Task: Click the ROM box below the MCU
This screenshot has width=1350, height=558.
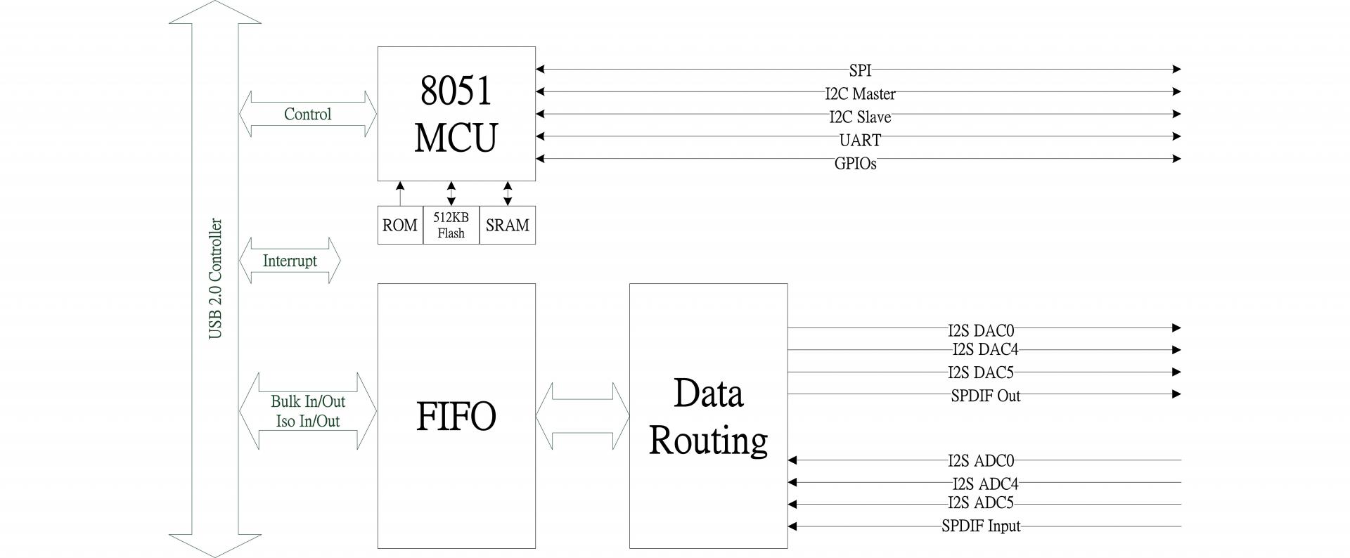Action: pyautogui.click(x=400, y=225)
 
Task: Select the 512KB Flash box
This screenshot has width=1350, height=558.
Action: pyautogui.click(x=451, y=225)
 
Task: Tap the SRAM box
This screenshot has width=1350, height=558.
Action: pyautogui.click(x=507, y=225)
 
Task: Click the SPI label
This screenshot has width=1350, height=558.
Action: pyautogui.click(x=859, y=70)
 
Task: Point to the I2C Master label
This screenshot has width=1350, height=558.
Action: pyautogui.click(x=860, y=93)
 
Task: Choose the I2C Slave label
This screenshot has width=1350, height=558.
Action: pyautogui.click(x=860, y=117)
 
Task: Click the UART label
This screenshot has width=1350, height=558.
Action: pyautogui.click(x=860, y=140)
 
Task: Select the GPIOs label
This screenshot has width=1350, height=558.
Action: pyautogui.click(x=855, y=164)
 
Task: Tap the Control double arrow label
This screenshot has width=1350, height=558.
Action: pyautogui.click(x=307, y=114)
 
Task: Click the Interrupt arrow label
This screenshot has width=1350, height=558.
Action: pyautogui.click(x=290, y=261)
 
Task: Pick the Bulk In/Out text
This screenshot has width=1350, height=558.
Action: pyautogui.click(x=308, y=401)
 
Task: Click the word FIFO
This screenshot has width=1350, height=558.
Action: pyautogui.click(x=456, y=416)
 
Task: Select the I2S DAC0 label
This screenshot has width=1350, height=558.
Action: pyautogui.click(x=981, y=329)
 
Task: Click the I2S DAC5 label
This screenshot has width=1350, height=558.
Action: pyautogui.click(x=981, y=372)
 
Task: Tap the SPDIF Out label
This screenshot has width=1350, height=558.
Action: pyautogui.click(x=985, y=396)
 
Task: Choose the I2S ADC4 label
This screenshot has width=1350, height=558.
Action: pyautogui.click(x=985, y=484)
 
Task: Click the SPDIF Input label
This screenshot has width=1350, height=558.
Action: pyautogui.click(x=981, y=526)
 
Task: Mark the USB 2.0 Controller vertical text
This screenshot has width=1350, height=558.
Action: pyautogui.click(x=216, y=279)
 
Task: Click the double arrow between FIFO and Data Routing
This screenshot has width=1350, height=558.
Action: pyautogui.click(x=582, y=416)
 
